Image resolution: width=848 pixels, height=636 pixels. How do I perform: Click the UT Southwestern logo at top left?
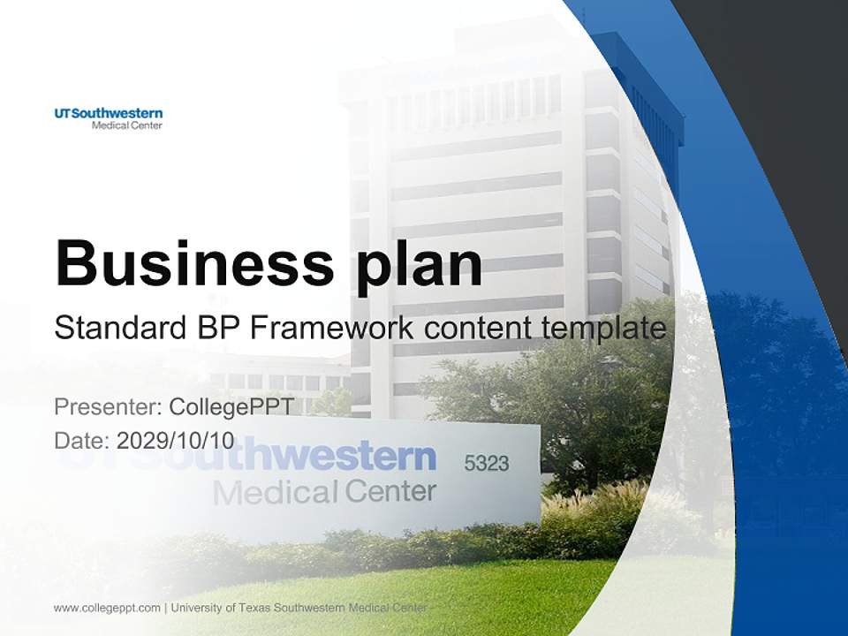click(108, 118)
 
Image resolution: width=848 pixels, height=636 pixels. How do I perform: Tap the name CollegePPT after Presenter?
click(231, 407)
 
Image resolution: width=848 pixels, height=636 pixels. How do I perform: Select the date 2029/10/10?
click(176, 441)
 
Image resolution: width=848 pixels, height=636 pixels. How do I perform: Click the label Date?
click(82, 441)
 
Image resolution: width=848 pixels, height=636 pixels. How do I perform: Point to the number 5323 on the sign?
click(487, 463)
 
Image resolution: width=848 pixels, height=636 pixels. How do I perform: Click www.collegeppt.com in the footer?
click(107, 608)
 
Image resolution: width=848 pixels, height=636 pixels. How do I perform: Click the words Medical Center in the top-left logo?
click(127, 125)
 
